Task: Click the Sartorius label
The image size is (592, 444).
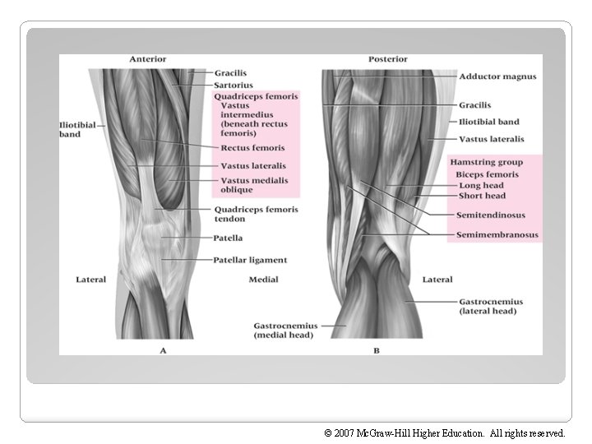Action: (233, 85)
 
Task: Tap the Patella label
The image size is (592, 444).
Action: (228, 238)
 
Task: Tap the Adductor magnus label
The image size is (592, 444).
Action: (497, 76)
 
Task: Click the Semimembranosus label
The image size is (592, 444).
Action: (497, 235)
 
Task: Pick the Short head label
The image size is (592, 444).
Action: (482, 196)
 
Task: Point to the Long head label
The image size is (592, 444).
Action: (481, 186)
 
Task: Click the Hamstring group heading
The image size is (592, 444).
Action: (486, 163)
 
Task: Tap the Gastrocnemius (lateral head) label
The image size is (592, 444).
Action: (491, 307)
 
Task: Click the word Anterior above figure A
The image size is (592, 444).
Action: (147, 59)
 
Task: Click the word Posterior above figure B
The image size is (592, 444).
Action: (387, 59)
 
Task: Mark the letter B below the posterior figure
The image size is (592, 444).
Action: (377, 350)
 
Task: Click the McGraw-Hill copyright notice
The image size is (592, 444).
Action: (445, 432)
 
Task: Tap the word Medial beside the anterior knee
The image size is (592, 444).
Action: (263, 280)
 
